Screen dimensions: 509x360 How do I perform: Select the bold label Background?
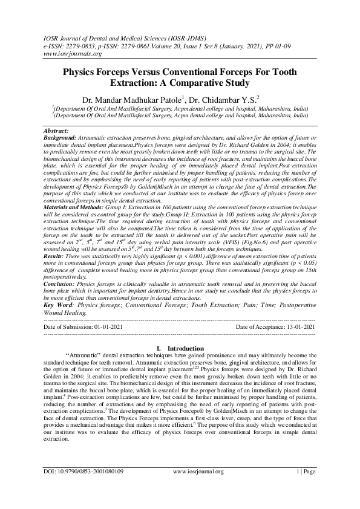(x=60, y=138)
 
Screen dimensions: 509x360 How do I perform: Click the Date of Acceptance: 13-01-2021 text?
(x=275, y=326)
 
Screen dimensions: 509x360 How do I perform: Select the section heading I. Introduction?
(x=180, y=349)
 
